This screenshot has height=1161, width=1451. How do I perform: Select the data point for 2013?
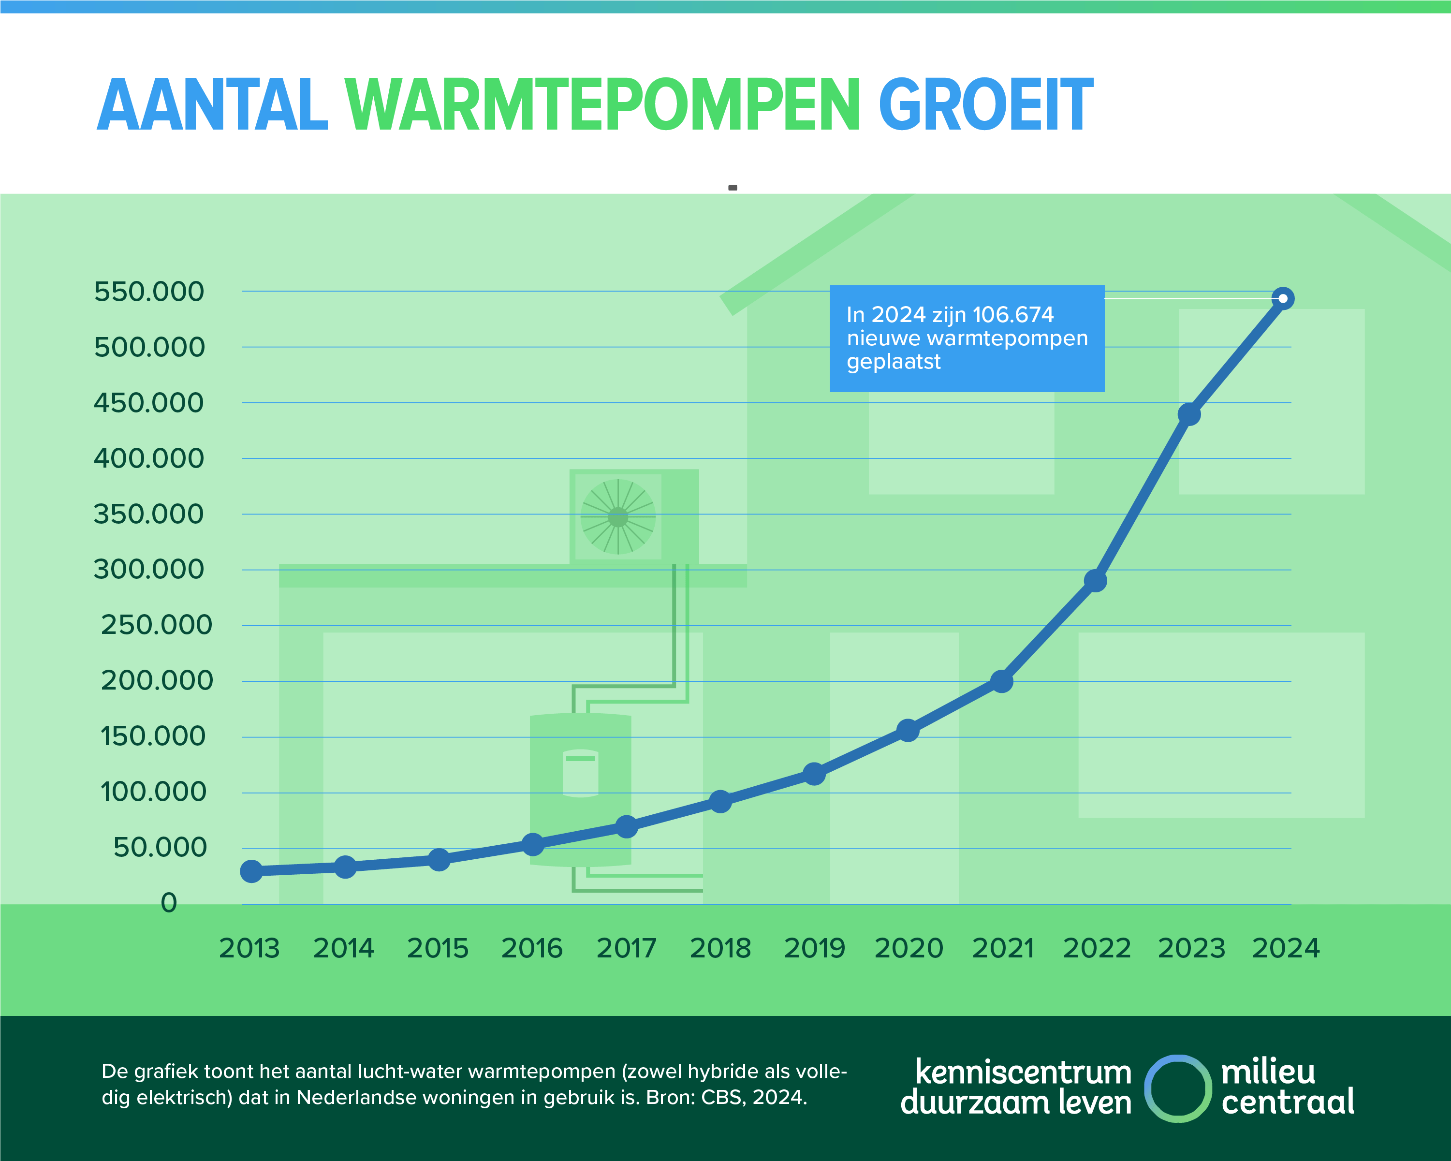point(251,871)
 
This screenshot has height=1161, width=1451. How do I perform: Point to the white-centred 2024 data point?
point(1283,298)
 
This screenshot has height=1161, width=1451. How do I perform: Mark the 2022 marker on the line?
point(1096,581)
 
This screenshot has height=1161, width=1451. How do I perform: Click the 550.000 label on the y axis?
point(149,292)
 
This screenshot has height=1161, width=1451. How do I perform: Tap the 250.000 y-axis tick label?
point(156,625)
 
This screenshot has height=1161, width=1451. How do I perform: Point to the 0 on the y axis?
point(169,903)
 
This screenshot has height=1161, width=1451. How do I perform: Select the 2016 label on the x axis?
point(532,948)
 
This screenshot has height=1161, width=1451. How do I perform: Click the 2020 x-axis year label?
point(909,948)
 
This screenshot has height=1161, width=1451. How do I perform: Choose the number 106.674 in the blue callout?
point(1013,314)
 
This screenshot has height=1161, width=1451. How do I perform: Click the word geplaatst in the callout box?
point(893,362)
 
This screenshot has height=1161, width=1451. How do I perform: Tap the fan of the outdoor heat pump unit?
point(618,517)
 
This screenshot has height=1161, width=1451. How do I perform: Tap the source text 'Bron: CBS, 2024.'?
point(726,1098)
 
